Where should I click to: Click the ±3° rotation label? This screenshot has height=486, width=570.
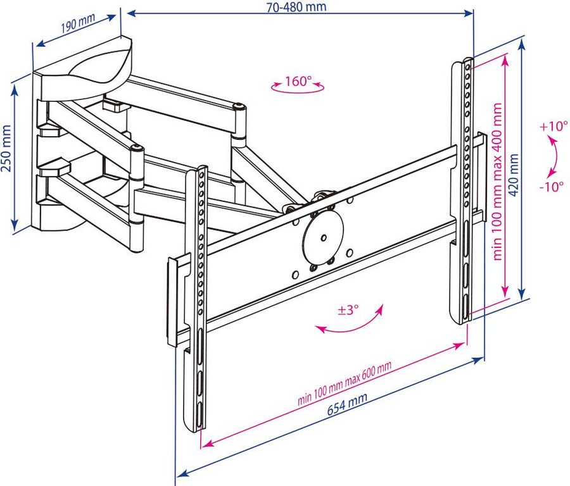click(x=348, y=310)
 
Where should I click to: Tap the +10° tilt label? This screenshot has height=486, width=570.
click(x=554, y=126)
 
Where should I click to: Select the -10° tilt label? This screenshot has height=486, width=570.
click(x=552, y=187)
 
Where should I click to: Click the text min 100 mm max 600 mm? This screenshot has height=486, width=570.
click(x=345, y=384)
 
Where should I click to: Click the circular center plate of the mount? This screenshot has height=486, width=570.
click(x=323, y=237)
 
